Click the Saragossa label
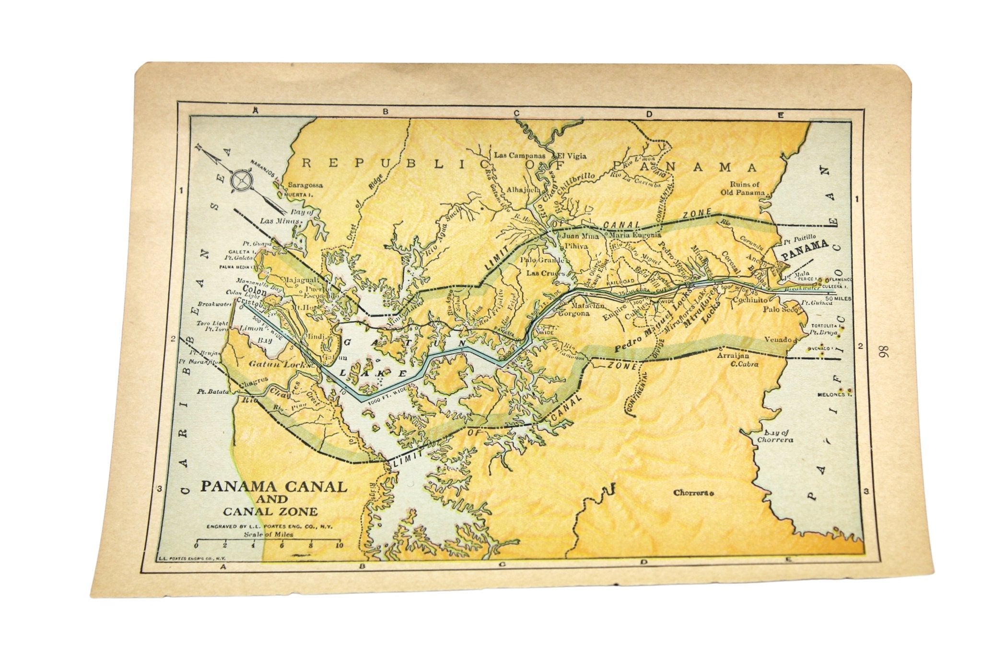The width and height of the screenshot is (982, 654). (x=305, y=185)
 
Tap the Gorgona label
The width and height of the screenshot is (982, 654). (x=573, y=314)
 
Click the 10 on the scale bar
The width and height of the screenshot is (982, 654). (x=339, y=545)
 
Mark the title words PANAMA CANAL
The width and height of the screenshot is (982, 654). (x=273, y=486)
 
